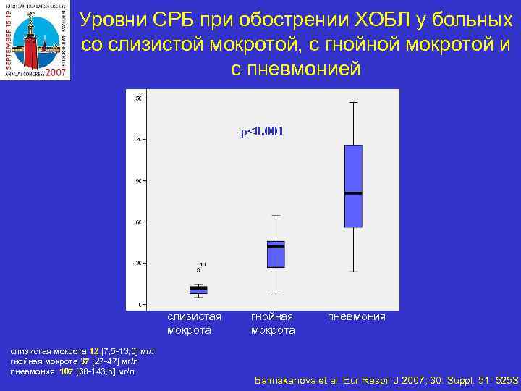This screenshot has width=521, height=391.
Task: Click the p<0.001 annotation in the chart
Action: pyautogui.click(x=262, y=132)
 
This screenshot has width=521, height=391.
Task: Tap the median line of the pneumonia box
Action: pyautogui.click(x=353, y=193)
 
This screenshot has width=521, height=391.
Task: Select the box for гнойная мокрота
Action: pyautogui.click(x=276, y=254)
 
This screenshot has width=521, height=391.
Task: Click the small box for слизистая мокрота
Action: pyautogui.click(x=198, y=290)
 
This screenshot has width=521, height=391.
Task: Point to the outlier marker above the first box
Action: pyautogui.click(x=198, y=269)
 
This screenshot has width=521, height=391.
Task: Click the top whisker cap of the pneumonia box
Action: pyautogui.click(x=353, y=103)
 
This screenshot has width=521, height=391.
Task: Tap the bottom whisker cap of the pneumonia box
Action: pyautogui.click(x=353, y=272)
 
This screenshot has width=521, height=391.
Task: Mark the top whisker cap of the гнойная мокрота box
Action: pyautogui.click(x=276, y=215)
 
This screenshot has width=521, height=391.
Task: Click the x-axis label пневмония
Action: pyautogui.click(x=357, y=317)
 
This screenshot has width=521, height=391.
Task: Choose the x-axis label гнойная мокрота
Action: pyautogui.click(x=273, y=324)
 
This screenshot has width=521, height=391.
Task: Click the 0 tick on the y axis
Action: pyautogui.click(x=137, y=304)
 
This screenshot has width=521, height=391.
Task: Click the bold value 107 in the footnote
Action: pyautogui.click(x=67, y=371)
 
